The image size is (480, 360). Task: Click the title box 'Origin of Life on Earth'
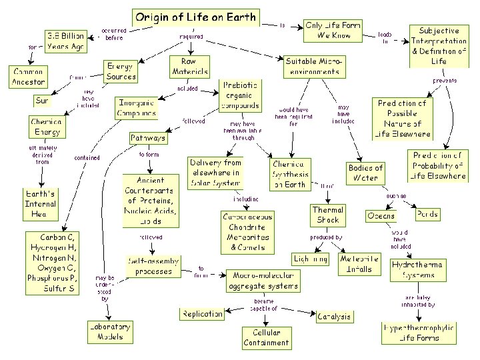pos(195,17)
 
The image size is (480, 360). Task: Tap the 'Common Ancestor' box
pos(28,76)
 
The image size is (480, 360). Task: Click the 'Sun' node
pos(42,101)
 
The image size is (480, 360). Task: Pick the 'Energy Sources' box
pos(121,71)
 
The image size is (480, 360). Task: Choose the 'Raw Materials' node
pos(190,67)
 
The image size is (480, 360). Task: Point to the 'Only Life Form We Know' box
pos(333,30)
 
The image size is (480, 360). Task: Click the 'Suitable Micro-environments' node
pos(313,65)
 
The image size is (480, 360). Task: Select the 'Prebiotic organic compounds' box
pos(239,96)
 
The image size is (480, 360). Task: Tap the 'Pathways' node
pos(148,138)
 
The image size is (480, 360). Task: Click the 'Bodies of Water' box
pos(365,173)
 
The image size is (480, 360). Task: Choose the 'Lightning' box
pos(311,258)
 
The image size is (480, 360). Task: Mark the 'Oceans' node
pos(381,215)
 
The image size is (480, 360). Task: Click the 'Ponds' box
pos(427,215)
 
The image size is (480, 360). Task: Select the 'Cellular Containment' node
pos(266,337)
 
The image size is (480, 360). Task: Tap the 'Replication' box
pos(203,313)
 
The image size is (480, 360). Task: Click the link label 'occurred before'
pos(114,33)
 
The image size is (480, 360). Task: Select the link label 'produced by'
pos(327,237)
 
